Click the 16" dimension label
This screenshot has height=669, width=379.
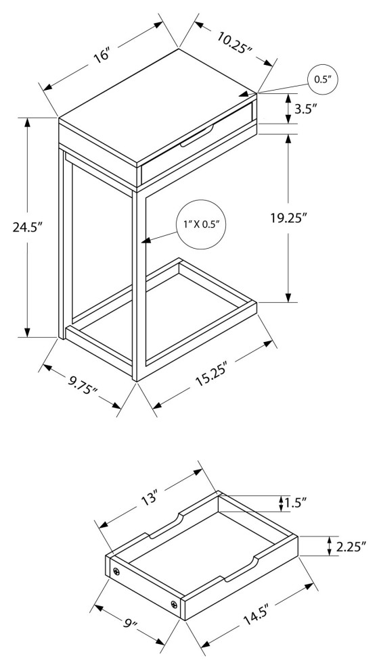coord(103,55)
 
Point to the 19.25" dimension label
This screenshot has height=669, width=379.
coord(289,218)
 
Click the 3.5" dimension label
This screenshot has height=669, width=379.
coord(305,109)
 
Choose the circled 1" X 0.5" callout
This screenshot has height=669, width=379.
coord(201,224)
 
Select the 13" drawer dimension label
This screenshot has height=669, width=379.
coord(150,498)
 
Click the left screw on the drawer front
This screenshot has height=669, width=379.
coord(116,572)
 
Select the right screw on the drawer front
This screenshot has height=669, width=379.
coord(174,604)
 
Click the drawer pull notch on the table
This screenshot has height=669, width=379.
coord(197,137)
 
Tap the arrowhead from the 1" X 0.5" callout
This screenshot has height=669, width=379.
coord(146,241)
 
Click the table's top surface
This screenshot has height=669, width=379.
coord(158,107)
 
